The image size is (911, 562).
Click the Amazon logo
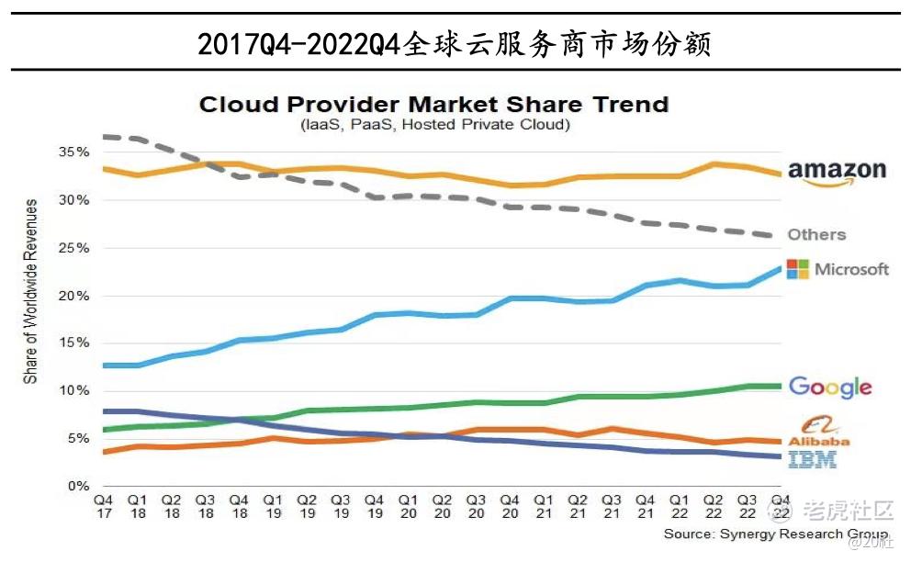point(837,172)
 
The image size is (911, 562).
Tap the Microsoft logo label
point(838,269)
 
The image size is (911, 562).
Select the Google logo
point(829,387)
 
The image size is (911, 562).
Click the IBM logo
point(813,459)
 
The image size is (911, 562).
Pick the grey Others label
point(816,234)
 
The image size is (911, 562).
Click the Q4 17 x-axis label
point(104,506)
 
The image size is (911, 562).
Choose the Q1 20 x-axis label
point(408,506)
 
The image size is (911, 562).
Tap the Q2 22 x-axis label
point(713,506)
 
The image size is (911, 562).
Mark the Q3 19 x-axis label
point(341,506)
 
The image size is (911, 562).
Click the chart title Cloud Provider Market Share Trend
point(433,104)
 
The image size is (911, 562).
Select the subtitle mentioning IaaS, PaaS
point(433,124)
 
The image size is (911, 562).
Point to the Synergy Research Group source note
point(775,534)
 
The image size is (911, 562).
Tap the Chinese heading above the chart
point(455,43)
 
